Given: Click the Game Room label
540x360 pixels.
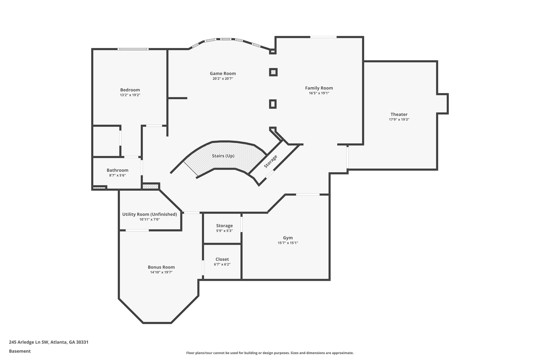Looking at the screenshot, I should click(x=223, y=74).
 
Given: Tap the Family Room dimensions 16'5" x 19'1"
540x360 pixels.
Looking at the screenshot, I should click(x=319, y=93).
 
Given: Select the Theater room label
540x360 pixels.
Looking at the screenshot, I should click(x=399, y=114).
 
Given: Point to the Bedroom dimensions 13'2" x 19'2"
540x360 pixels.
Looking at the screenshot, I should click(x=130, y=95).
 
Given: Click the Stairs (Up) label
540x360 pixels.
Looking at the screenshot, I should click(x=223, y=156).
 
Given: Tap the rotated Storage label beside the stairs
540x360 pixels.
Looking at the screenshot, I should click(x=271, y=161).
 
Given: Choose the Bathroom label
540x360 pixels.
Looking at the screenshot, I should click(x=117, y=170).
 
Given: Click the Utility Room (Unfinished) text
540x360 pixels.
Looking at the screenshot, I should click(x=150, y=214).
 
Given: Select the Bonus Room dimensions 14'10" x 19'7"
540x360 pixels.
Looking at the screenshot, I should click(x=161, y=272).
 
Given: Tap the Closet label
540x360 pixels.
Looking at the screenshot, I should click(x=222, y=259).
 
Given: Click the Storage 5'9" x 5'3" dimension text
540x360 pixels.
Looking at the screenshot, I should click(x=224, y=231).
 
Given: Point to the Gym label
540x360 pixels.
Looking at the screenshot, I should click(x=288, y=238).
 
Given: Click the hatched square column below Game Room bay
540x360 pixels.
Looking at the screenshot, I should click(x=273, y=72).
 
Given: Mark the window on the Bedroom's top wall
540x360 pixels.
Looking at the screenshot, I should click(x=133, y=49).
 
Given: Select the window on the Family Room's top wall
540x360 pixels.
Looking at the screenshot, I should click(x=323, y=37).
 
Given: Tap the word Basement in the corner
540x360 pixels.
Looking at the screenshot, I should click(x=20, y=351).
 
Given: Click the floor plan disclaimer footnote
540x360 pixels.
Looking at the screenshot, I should click(x=270, y=353).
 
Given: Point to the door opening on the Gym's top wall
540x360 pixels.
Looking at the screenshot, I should click(x=307, y=195).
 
